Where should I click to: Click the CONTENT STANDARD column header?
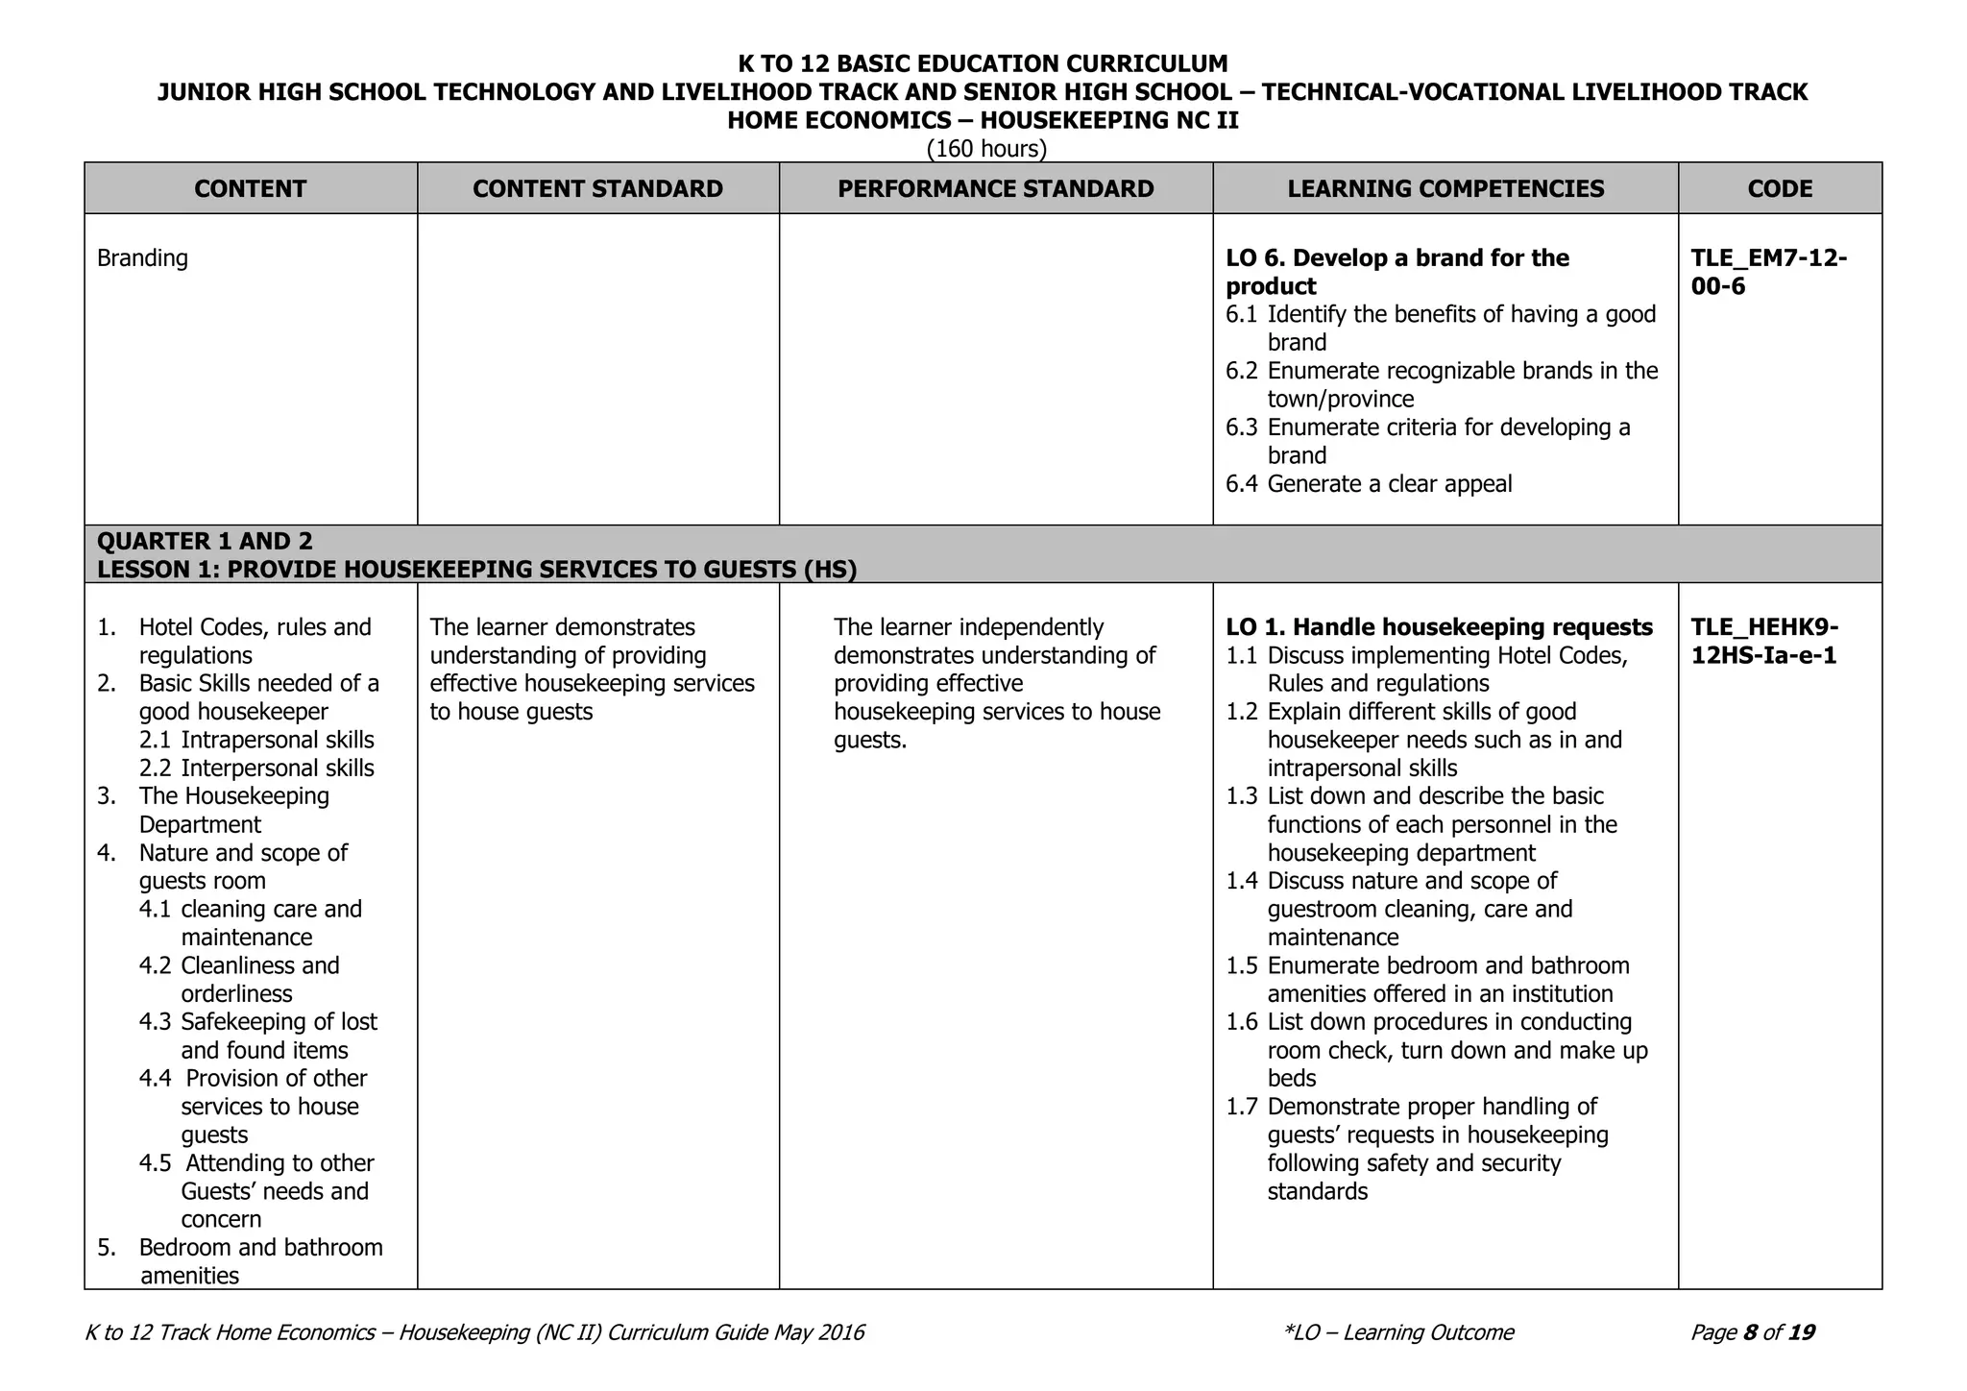coord(597,188)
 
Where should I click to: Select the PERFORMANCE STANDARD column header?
coord(995,188)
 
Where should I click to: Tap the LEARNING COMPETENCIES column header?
coord(1445,188)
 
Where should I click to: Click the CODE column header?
coord(1780,188)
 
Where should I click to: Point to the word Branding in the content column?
coord(142,257)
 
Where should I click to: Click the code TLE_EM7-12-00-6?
coord(1768,272)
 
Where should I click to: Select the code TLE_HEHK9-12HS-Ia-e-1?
coord(1764,641)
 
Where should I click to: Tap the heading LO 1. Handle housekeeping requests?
coord(1439,627)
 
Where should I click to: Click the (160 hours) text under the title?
coord(986,149)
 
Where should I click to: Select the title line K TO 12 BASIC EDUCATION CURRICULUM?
coord(983,63)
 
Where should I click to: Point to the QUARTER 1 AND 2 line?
coord(205,541)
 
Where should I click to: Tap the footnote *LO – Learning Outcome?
coord(1398,1332)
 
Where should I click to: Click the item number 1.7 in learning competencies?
coord(1241,1107)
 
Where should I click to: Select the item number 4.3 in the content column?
coord(155,1022)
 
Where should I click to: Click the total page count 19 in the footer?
coord(1802,1332)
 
